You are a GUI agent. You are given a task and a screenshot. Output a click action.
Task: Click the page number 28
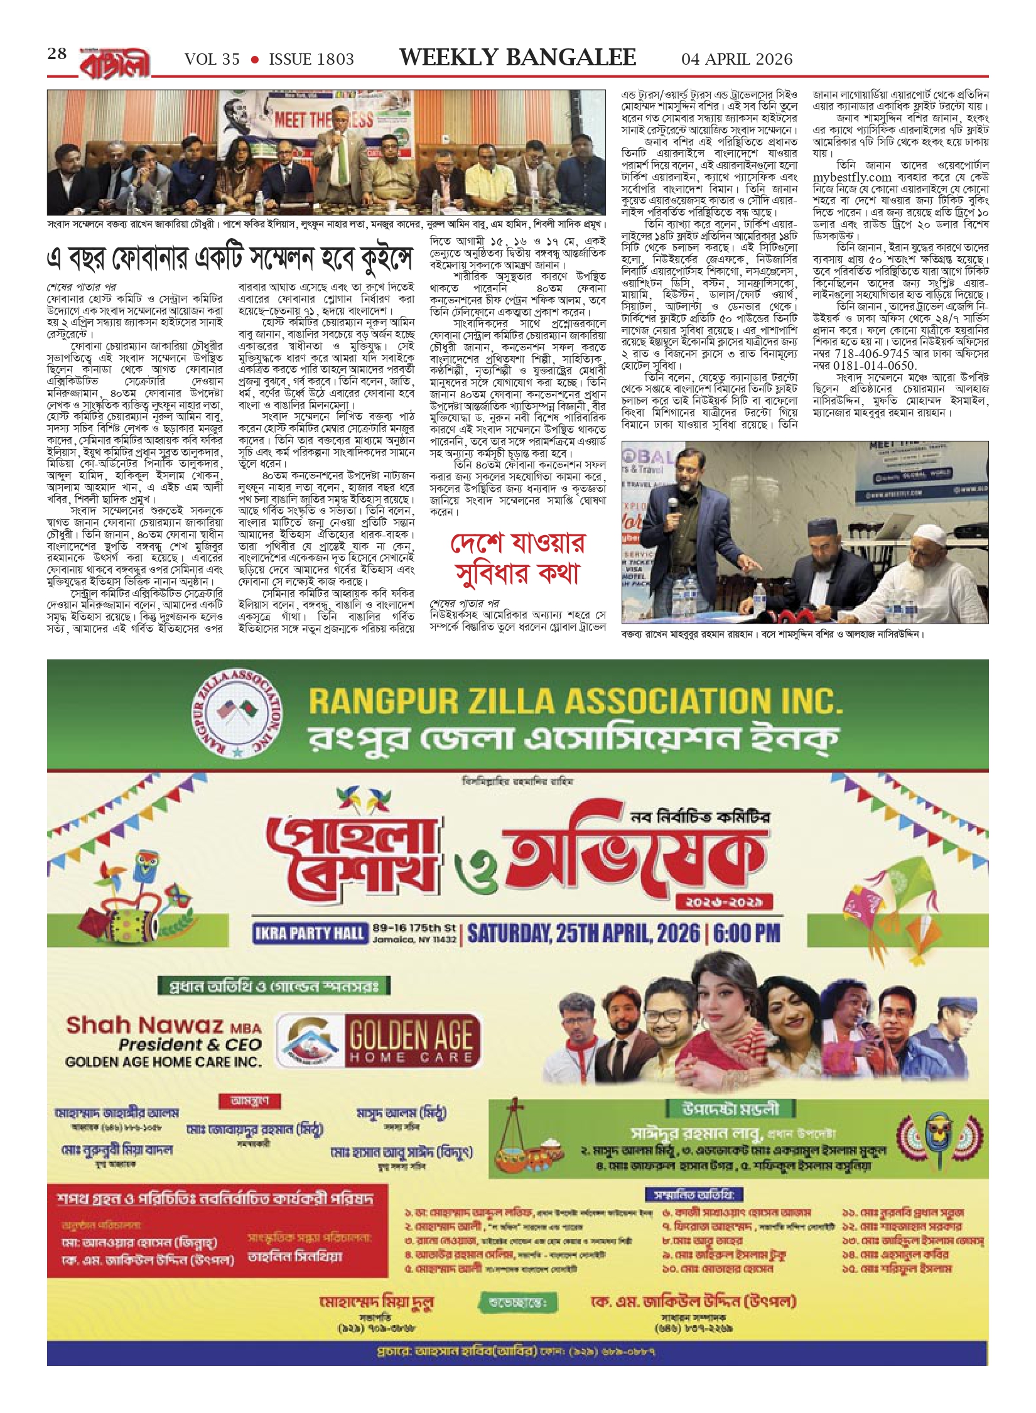click(x=57, y=54)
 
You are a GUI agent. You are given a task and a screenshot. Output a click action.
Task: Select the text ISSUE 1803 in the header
click(x=311, y=60)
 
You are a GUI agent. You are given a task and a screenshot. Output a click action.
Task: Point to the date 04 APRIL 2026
click(x=737, y=60)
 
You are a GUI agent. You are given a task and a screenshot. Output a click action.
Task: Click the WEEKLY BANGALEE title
click(x=517, y=58)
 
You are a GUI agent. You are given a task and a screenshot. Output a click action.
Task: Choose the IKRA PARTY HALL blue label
click(x=310, y=933)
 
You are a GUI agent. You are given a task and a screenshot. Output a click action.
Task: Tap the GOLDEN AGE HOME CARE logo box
click(x=378, y=1041)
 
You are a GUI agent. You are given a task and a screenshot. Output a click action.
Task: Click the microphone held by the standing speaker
click(x=672, y=504)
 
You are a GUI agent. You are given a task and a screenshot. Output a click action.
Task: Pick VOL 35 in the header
click(x=212, y=60)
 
